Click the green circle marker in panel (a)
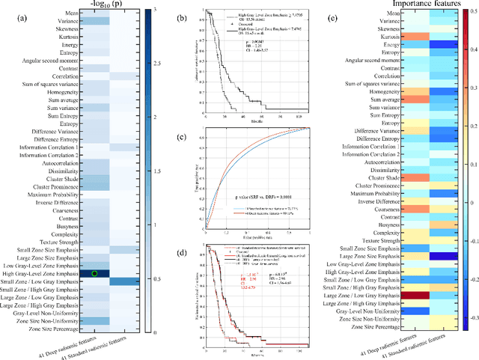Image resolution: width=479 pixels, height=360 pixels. pyautogui.click(x=94, y=273)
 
